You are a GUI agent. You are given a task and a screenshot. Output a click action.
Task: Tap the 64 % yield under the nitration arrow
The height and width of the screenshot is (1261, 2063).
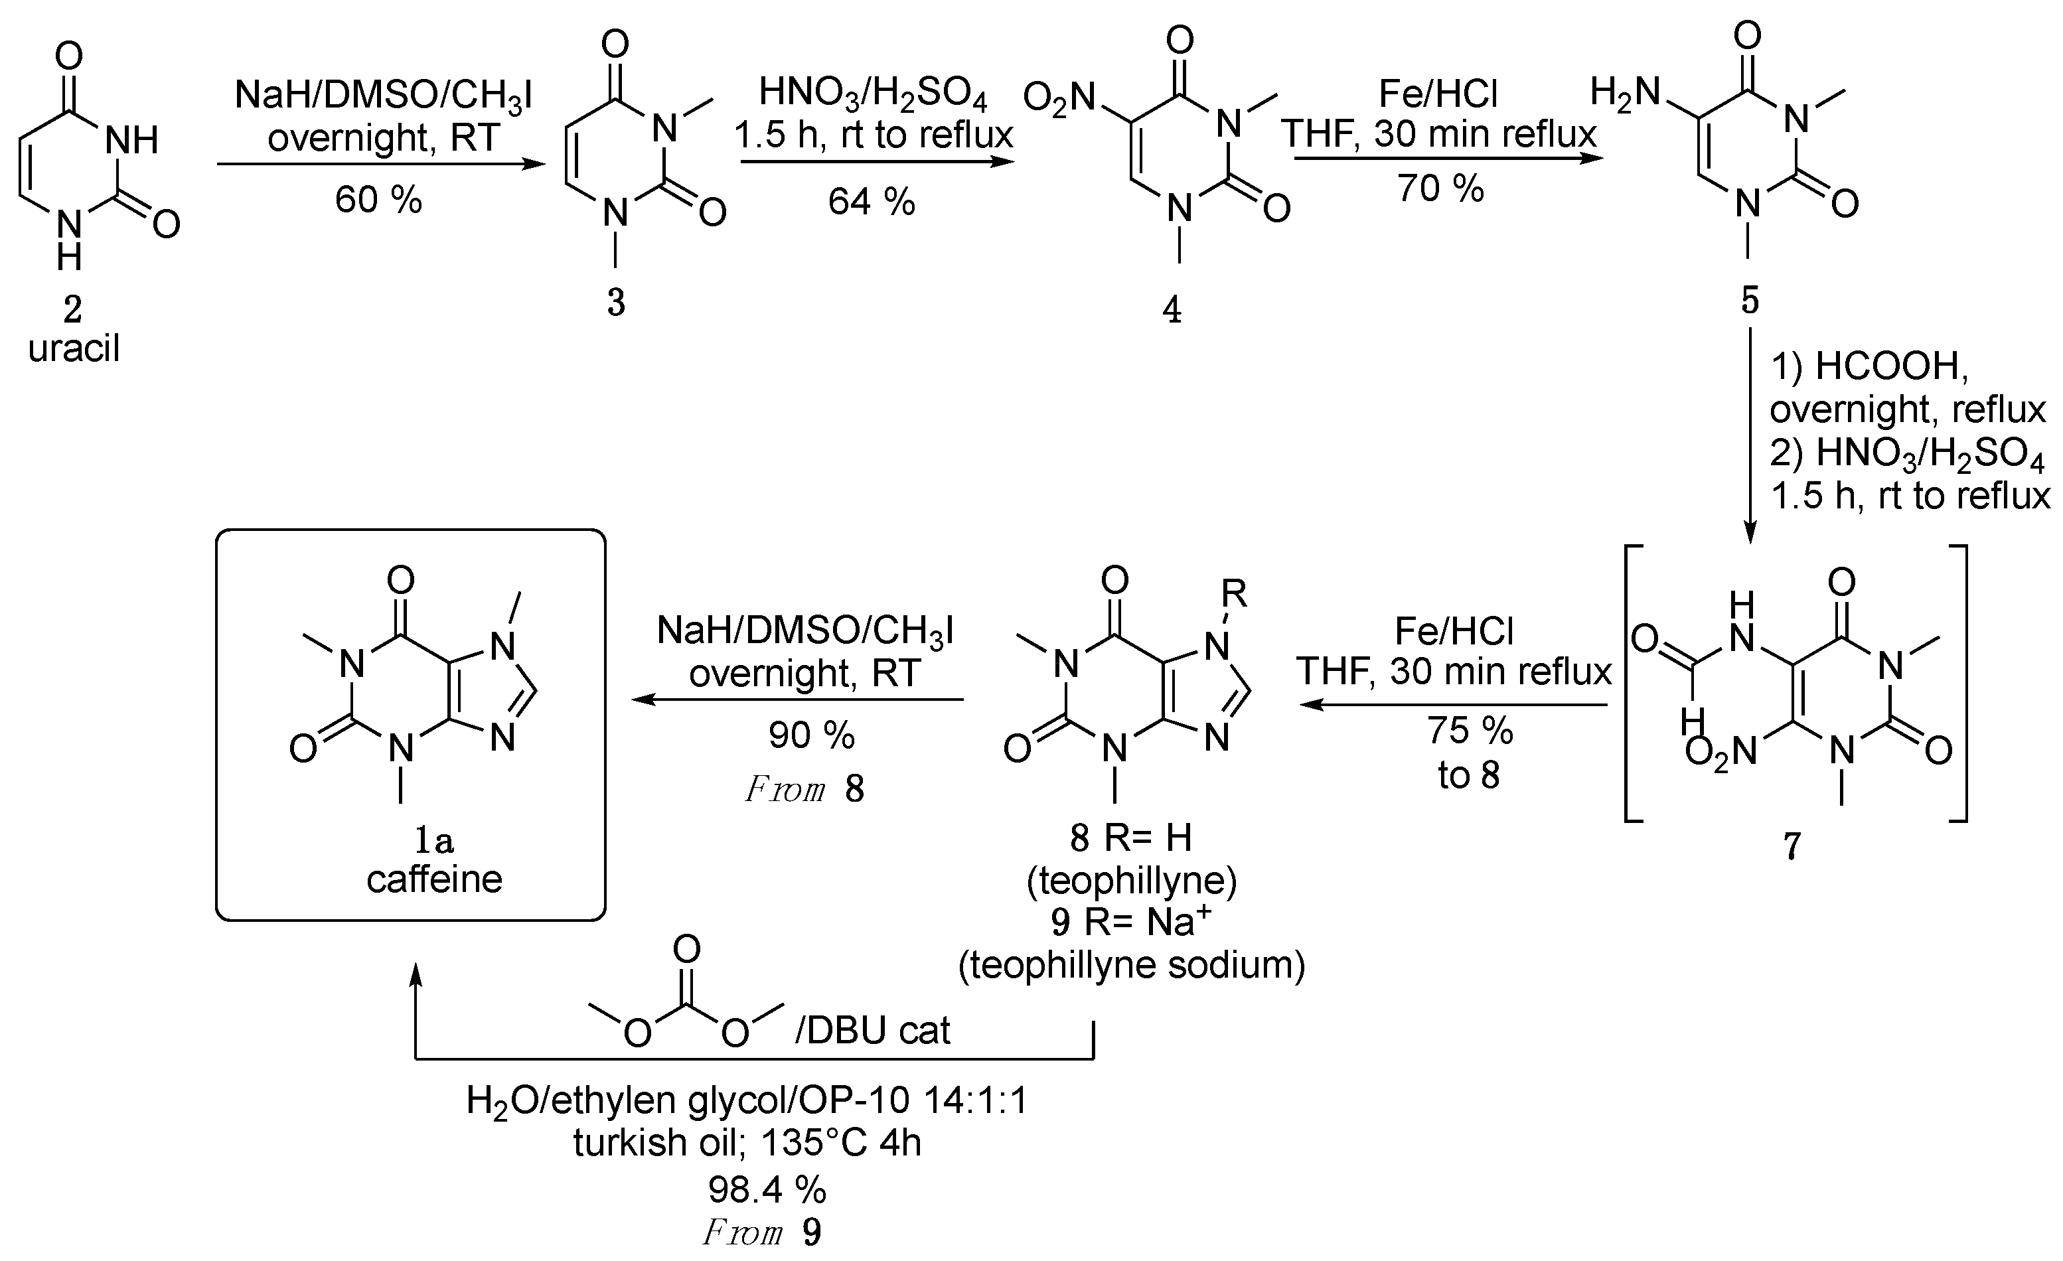click(872, 202)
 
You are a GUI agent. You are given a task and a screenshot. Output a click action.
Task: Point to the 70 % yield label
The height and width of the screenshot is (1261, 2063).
click(1440, 188)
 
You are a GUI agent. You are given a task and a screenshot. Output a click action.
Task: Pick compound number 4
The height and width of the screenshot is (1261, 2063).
click(1172, 311)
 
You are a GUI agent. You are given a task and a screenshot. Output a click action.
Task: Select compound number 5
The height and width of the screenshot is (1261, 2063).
click(1750, 301)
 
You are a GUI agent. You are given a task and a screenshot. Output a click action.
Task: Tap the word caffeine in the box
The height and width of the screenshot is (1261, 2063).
click(435, 879)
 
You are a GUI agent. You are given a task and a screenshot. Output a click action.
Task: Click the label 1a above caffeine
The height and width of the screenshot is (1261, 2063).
click(433, 840)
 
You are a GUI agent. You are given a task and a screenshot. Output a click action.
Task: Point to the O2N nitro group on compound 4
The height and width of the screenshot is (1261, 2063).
click(1059, 99)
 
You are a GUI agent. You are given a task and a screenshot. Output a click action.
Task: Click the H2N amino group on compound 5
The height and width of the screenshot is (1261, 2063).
click(1625, 92)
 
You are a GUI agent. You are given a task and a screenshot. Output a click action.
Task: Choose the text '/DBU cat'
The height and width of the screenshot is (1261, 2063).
click(872, 1030)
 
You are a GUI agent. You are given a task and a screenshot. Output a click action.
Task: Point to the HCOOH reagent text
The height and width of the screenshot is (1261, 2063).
click(1888, 366)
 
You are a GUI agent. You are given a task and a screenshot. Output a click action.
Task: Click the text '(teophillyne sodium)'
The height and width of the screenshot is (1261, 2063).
click(1131, 964)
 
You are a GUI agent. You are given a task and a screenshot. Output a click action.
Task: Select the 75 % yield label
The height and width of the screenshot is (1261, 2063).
click(1470, 730)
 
